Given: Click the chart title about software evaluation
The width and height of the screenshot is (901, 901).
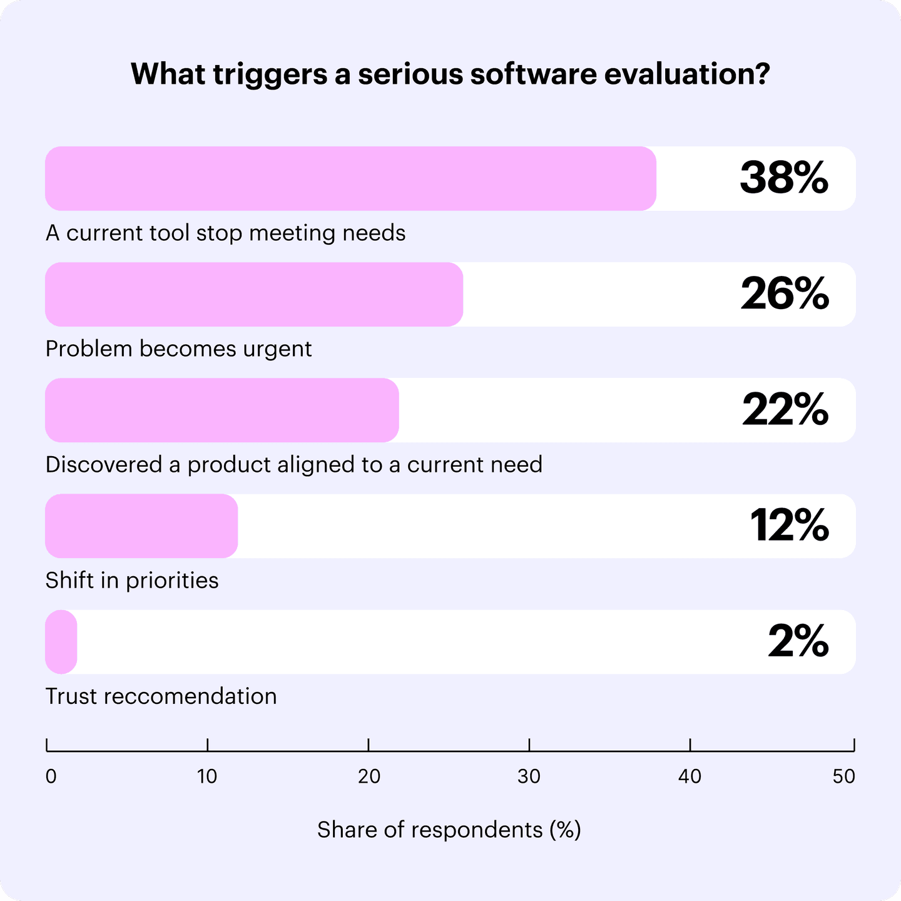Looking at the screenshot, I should point(450,74).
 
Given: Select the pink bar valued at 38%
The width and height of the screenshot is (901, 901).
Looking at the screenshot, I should point(350,178).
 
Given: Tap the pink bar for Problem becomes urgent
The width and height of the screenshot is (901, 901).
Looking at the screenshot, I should point(254,294).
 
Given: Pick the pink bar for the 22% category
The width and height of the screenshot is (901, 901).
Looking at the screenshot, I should point(222,410).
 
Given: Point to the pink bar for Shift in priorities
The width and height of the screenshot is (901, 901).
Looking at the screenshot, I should point(141,526).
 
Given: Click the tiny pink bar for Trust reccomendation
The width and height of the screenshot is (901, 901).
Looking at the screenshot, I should point(61,641).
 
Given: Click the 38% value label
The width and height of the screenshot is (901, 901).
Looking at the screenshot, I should point(784,178).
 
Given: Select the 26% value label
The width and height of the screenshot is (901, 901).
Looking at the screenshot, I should point(785,294).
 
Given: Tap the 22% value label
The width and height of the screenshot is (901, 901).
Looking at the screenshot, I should point(785,410).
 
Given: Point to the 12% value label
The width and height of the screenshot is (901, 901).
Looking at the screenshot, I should point(789,526).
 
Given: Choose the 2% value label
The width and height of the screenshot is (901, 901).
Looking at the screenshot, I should point(798,641).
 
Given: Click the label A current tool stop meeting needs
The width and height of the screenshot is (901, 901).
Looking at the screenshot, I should point(226,233).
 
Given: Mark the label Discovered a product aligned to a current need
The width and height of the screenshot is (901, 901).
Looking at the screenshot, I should point(294,465).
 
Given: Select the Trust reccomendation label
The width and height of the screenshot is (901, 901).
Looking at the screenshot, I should point(161,696).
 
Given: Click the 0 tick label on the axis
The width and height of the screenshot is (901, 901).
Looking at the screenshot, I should point(51,776).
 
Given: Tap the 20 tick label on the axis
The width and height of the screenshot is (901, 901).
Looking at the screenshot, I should point(369,776).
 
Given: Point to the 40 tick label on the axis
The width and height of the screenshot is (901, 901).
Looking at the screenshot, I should point(690,776).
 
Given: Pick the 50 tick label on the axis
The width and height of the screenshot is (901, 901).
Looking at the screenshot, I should point(843,776).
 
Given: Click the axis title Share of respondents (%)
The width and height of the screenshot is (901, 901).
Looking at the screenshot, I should point(449,830).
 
